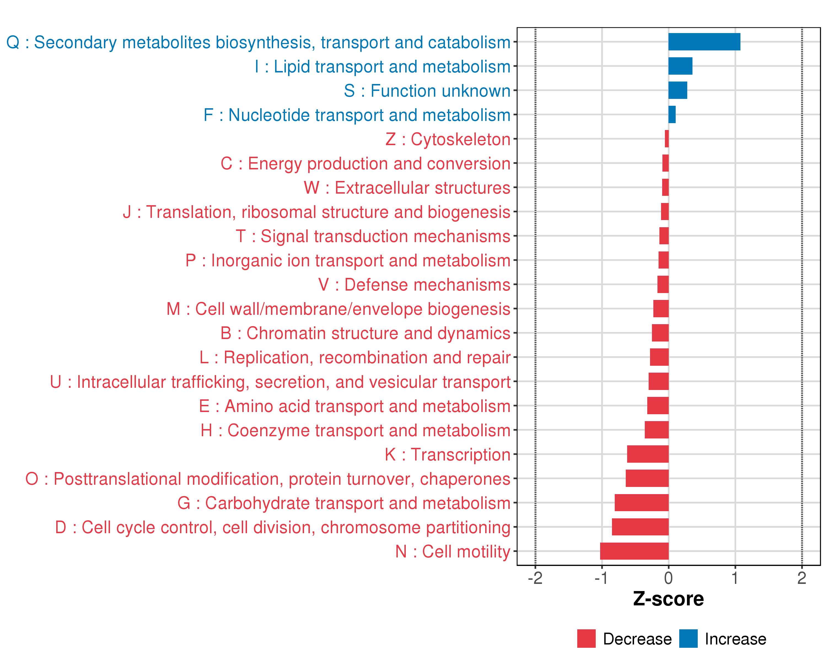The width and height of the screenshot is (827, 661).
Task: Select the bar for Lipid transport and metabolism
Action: pos(680,66)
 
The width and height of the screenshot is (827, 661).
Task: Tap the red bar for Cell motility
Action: pos(634,551)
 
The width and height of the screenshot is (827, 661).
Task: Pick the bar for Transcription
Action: pos(648,454)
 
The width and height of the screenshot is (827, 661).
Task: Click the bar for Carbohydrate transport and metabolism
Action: pos(641,502)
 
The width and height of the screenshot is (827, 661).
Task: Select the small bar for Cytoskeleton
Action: pos(667,139)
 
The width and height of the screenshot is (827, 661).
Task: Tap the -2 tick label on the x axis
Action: pos(535,578)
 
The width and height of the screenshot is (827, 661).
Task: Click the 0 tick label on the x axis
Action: pos(668,578)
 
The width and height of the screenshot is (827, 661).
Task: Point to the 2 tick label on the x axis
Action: pos(802,578)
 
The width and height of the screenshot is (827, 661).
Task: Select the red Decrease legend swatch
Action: pos(586,638)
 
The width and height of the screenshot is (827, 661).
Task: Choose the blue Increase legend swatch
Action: pos(688,638)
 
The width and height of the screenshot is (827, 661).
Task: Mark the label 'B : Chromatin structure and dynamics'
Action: pos(365,333)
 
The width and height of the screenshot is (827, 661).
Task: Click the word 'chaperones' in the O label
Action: pos(465,479)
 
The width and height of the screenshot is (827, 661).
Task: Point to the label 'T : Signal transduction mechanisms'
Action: pos(373,236)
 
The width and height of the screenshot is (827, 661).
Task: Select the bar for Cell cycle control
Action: pos(640,527)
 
